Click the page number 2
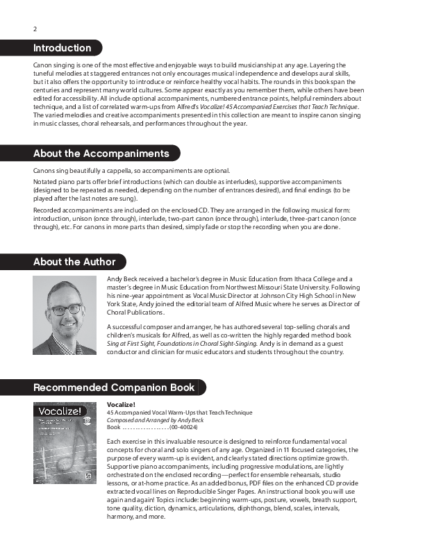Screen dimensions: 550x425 pyautogui.click(x=35, y=29)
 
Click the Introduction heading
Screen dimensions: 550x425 pyautogui.click(x=62, y=48)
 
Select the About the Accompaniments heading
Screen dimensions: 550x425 pyautogui.click(x=101, y=153)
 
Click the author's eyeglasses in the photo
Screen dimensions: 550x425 pyautogui.click(x=67, y=308)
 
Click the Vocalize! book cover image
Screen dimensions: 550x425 pyautogui.click(x=67, y=441)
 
